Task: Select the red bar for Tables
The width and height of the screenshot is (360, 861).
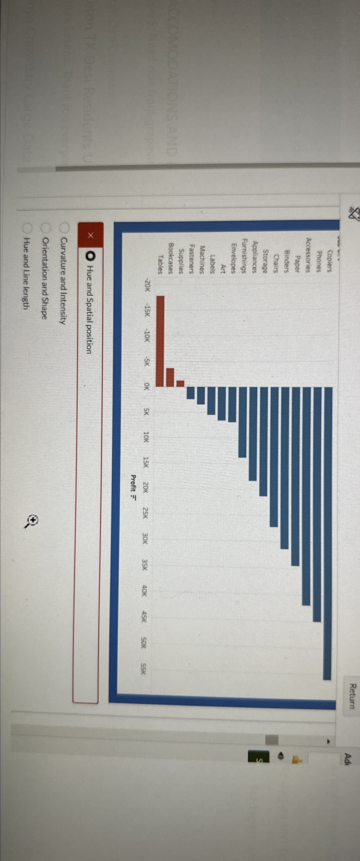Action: [160, 341]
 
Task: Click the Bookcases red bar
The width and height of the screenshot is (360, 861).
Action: [170, 377]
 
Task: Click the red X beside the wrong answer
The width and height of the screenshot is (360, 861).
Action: [90, 235]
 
